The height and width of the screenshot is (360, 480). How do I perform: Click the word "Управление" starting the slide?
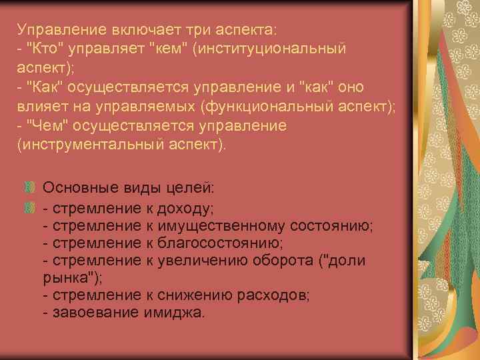55,30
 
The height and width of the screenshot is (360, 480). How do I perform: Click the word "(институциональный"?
269,49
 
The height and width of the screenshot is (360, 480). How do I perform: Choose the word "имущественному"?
233,226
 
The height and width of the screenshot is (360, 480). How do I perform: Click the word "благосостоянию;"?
219,243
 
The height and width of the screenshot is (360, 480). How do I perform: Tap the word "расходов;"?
277,295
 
